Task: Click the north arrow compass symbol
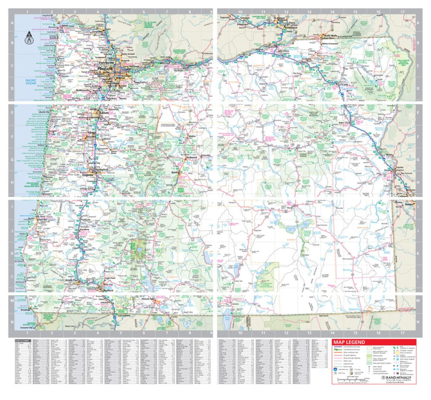pyautogui.click(x=29, y=38)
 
